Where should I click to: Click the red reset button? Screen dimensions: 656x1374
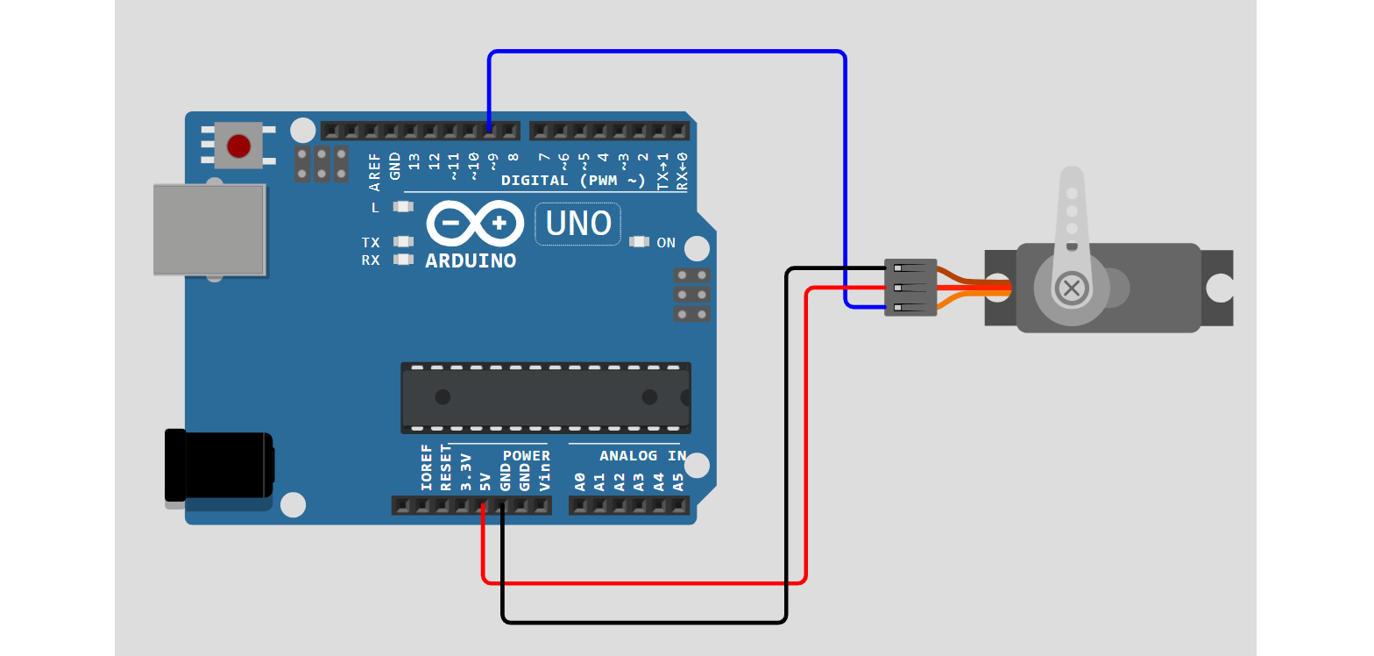(238, 146)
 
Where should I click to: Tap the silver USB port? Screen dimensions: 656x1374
(209, 229)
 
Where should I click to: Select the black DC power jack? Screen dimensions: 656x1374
(219, 466)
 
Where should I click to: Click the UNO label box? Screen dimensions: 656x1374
(577, 225)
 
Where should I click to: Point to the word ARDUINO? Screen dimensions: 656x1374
(471, 261)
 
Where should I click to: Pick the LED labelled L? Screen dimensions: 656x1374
(403, 208)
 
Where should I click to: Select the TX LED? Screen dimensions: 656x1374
(403, 241)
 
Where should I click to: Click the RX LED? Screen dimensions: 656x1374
(403, 260)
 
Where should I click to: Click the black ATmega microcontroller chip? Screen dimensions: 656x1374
(545, 397)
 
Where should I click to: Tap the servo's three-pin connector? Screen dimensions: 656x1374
(910, 288)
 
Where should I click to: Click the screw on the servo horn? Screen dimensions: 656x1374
(1070, 288)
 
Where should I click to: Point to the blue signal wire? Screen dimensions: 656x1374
(666, 53)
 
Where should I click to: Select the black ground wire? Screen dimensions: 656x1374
(644, 622)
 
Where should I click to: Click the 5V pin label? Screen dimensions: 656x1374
(485, 481)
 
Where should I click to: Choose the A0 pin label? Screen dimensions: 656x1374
(579, 481)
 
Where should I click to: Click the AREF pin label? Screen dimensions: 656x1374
(375, 172)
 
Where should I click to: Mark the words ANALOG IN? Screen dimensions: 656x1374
(642, 456)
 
